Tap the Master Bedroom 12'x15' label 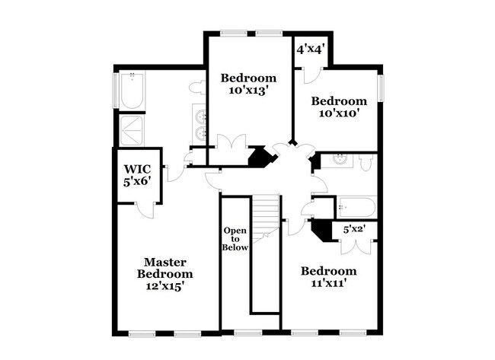click(164, 274)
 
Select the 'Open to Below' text click(235, 238)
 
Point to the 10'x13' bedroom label click(248, 84)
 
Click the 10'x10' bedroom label click(340, 107)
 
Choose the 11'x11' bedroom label click(328, 278)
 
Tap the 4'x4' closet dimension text click(311, 49)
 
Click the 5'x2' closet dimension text click(355, 228)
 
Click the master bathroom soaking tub click(133, 92)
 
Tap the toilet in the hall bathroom click(366, 161)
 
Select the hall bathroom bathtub click(356, 205)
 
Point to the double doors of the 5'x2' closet click(355, 244)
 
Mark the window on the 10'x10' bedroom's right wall click(383, 88)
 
